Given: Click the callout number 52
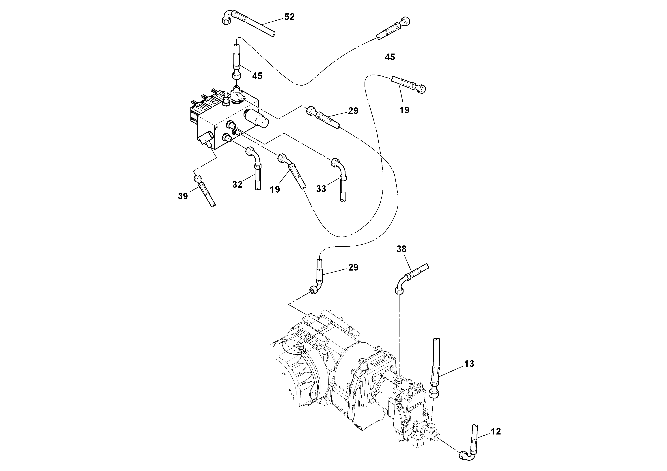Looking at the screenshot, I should click(x=289, y=17).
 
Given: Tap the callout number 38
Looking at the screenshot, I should click(x=401, y=249).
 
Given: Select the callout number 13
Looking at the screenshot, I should click(x=469, y=363).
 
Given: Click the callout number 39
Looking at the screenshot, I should click(x=183, y=196).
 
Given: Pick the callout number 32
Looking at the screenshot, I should click(x=237, y=184).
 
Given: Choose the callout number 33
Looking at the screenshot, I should click(x=321, y=189).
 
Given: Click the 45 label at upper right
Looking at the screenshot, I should click(x=390, y=57).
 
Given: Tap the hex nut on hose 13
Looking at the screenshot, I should click(x=434, y=394).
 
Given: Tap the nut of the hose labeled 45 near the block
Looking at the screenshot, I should click(x=237, y=76).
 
